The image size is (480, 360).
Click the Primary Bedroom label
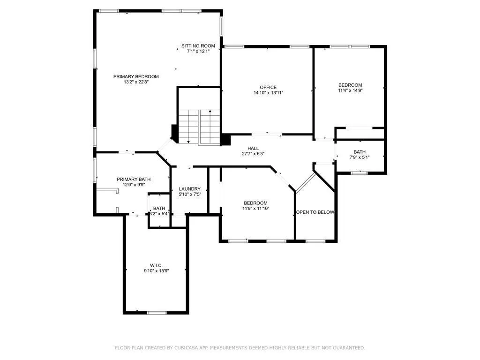136,76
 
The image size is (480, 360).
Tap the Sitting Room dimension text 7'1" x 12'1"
198,52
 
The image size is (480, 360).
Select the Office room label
268,87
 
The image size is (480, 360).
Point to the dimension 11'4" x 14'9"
350,90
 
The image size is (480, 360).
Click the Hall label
253,148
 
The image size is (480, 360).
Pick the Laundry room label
190,189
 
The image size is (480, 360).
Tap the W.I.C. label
156,265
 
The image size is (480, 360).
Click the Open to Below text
315,212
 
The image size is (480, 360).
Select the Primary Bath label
134,179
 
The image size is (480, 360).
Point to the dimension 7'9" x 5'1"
360,157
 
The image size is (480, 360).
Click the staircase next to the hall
199,127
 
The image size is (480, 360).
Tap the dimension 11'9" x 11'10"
256,209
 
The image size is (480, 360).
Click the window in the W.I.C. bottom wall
157,313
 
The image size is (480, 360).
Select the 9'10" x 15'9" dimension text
157,271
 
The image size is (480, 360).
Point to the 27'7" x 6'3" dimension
253,154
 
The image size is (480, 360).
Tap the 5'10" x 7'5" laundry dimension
190,194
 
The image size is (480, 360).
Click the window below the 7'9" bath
359,173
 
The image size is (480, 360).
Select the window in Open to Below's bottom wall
315,241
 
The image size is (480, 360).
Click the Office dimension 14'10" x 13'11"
269,93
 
